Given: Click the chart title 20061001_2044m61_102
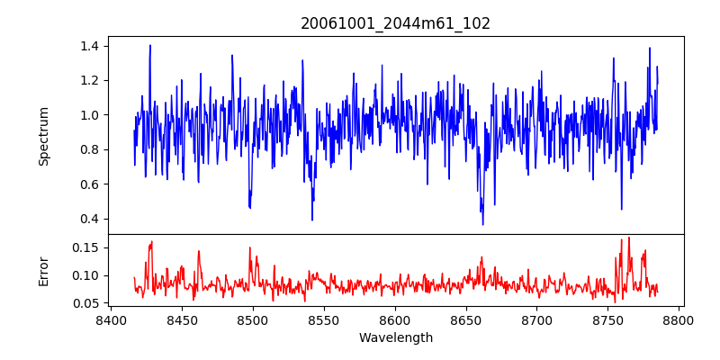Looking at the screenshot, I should click(395, 23).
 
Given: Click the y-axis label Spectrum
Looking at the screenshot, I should click(44, 136).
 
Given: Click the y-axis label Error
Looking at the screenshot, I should click(44, 271).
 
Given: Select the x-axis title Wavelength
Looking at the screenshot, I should click(395, 338).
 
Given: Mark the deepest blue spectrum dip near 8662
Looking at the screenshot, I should click(482, 224).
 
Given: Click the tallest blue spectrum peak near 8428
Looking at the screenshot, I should click(150, 45).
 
